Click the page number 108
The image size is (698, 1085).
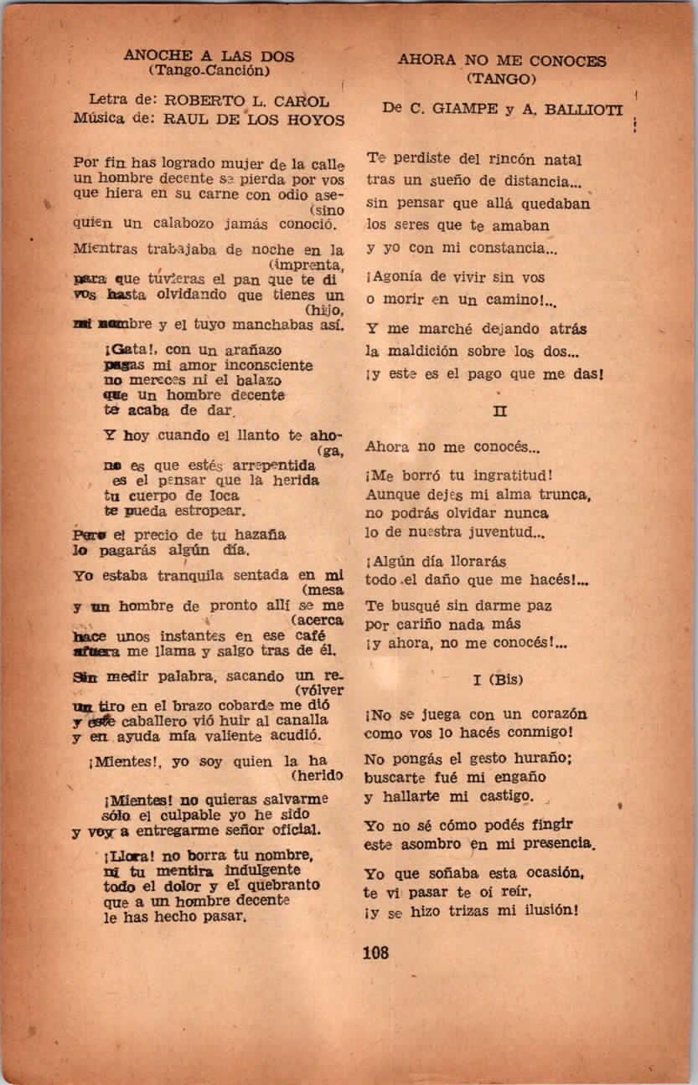coord(376,951)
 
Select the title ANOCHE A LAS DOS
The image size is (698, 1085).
coord(209,56)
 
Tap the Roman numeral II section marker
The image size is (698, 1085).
coord(501,412)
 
